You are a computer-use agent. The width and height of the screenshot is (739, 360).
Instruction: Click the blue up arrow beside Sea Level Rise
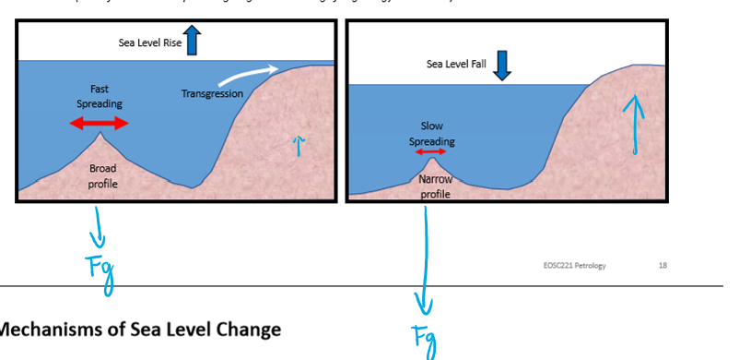(x=192, y=41)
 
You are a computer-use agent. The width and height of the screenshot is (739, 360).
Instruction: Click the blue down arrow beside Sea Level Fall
(x=502, y=65)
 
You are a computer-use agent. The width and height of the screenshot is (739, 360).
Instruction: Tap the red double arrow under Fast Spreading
(x=100, y=123)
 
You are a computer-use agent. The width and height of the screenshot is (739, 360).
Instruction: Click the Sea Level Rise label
(x=150, y=42)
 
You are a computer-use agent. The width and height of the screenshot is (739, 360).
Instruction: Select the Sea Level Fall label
(x=456, y=64)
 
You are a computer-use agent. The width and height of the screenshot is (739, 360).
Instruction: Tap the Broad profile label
(x=103, y=175)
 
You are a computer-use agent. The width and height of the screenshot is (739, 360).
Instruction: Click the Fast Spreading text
(x=100, y=96)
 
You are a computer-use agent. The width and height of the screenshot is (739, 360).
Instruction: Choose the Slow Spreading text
(x=431, y=134)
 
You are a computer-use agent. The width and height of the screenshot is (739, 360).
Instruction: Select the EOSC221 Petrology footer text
(x=575, y=266)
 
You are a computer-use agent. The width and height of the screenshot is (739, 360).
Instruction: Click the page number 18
(x=663, y=266)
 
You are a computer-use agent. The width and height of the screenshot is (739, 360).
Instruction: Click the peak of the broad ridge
(x=101, y=134)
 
